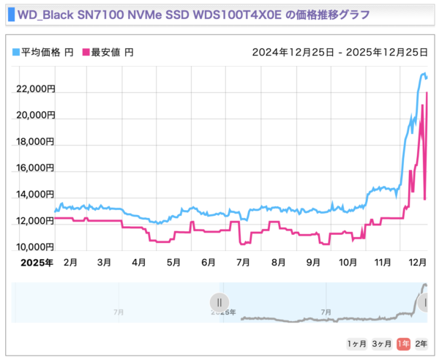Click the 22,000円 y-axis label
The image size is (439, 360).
(35, 89)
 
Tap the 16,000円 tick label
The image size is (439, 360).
(35, 168)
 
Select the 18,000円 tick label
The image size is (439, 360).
(35, 142)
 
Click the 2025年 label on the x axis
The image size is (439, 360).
(35, 262)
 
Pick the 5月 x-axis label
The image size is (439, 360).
(173, 262)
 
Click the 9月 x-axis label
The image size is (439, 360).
(313, 262)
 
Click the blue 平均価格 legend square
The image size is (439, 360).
(16, 53)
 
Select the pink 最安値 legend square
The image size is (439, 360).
(86, 53)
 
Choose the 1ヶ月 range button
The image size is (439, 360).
(356, 343)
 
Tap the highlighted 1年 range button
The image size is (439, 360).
(402, 343)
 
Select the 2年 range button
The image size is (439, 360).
(421, 343)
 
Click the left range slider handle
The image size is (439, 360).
(219, 302)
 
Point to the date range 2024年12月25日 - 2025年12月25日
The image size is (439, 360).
(339, 53)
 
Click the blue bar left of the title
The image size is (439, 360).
(10, 15)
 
